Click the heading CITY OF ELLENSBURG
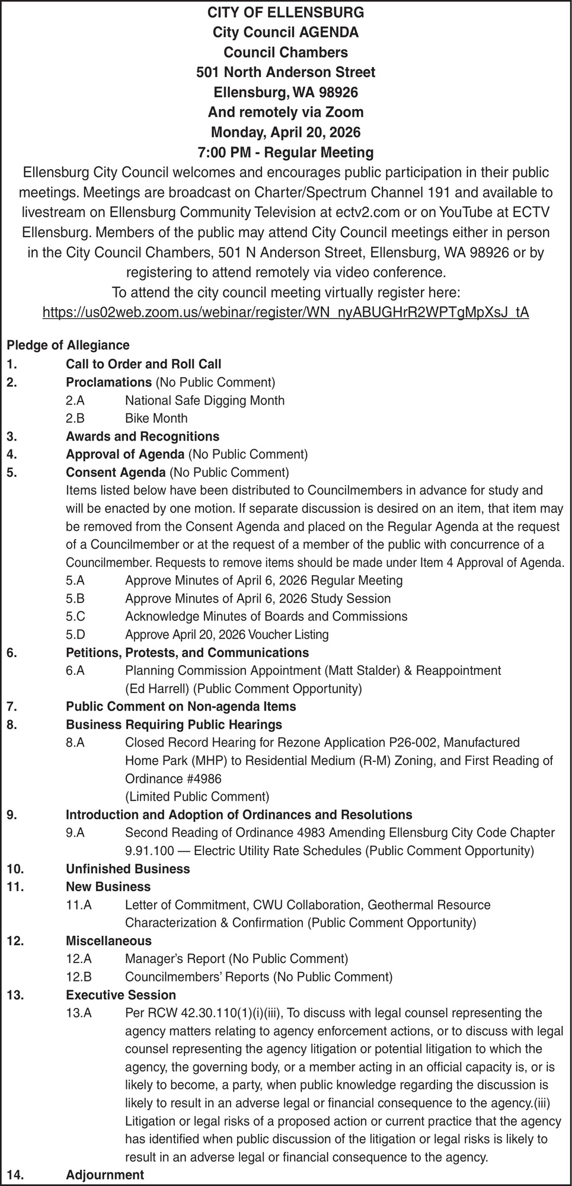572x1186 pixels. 286,12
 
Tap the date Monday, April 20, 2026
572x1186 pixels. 286,132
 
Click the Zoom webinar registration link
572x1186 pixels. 286,313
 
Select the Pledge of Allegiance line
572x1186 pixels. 68,345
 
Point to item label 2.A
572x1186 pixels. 75,400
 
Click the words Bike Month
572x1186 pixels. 156,418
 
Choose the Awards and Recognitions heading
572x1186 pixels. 142,436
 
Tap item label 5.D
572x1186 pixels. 75,635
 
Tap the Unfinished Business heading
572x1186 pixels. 128,869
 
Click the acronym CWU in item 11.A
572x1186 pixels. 267,905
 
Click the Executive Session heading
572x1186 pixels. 121,994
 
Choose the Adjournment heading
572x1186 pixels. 105,1175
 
